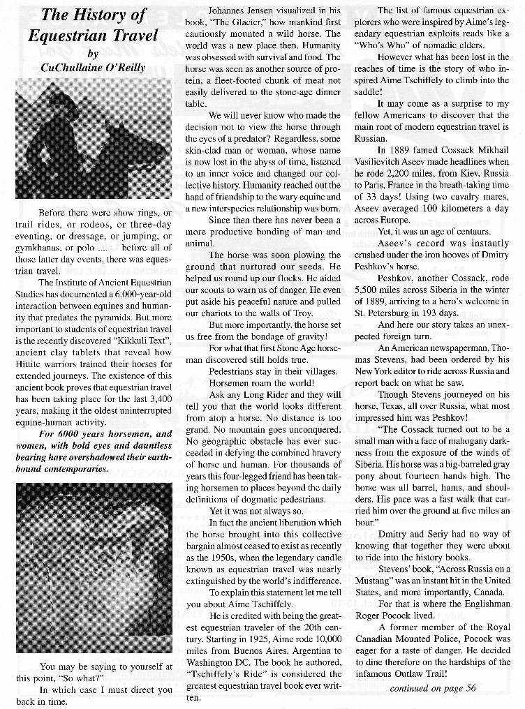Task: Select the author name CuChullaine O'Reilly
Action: (94, 68)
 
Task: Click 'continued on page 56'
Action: (433, 687)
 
